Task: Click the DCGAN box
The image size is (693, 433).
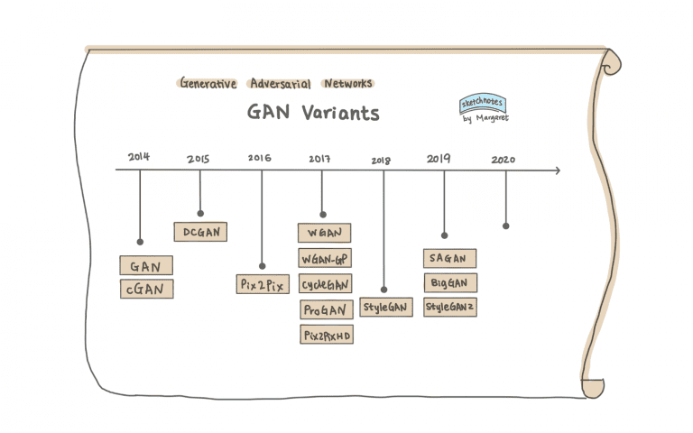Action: [x=200, y=232]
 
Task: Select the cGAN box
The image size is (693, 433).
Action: [x=146, y=289]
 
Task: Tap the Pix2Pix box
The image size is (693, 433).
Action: [x=263, y=284]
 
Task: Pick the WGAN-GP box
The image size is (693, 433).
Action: [x=324, y=258]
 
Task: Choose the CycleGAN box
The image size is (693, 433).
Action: [x=325, y=283]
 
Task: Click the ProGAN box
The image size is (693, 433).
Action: [x=325, y=309]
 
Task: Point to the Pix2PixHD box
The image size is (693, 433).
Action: [x=325, y=335]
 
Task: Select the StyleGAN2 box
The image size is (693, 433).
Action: [x=449, y=307]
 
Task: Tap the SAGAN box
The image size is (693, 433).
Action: [x=449, y=258]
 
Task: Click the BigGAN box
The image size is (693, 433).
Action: [x=449, y=282]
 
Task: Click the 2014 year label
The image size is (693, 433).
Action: [x=139, y=157]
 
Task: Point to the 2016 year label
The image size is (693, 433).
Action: [x=260, y=158]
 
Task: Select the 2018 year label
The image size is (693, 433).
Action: [x=382, y=160]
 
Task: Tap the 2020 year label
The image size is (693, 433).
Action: [x=504, y=160]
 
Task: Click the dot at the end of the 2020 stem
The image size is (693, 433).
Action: [x=505, y=226]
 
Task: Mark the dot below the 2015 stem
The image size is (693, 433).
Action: [x=200, y=214]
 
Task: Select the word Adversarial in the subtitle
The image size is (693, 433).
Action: [x=280, y=83]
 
